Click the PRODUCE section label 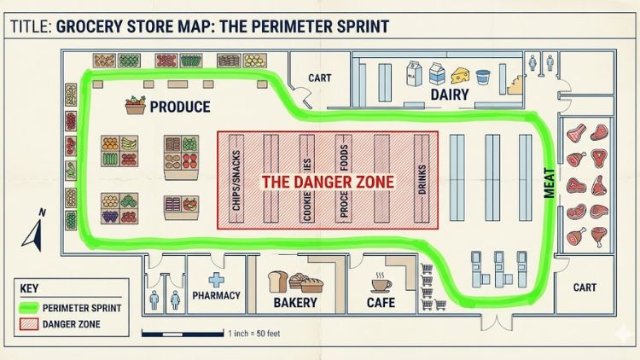179,107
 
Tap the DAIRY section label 450,95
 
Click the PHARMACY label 217,296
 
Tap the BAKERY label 295,302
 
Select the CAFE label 381,302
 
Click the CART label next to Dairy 318,78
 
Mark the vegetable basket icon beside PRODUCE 134,105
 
